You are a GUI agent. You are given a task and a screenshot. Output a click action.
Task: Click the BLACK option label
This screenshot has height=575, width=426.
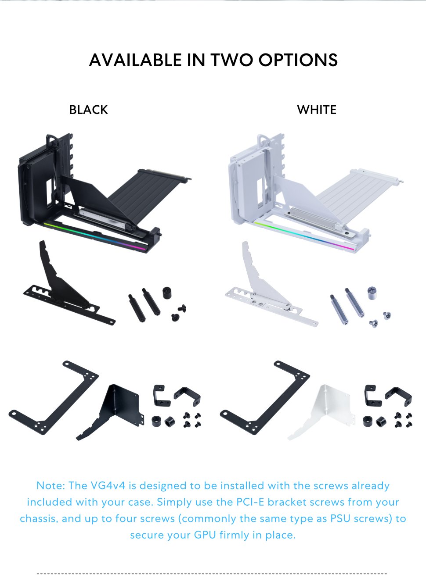click(x=88, y=110)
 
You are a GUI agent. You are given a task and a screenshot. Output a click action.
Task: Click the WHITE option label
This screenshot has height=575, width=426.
click(x=317, y=110)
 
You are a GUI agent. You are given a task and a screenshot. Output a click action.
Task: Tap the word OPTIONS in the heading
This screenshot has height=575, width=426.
click(x=298, y=60)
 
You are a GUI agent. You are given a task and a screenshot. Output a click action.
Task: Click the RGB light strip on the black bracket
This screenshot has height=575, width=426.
click(x=94, y=236)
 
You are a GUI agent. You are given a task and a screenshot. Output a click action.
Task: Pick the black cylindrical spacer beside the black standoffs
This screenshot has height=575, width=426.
click(x=167, y=293)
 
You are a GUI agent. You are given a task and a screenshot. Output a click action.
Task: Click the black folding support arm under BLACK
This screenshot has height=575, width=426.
click(x=66, y=289)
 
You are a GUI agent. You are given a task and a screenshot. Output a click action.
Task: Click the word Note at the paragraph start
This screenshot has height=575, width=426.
click(x=51, y=486)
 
